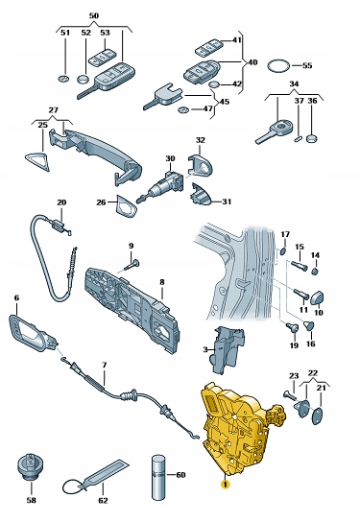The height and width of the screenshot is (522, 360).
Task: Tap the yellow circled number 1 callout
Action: [x=226, y=485]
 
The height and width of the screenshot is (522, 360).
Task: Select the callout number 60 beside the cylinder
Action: [x=180, y=475]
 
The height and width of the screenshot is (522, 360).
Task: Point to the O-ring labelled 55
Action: [x=278, y=65]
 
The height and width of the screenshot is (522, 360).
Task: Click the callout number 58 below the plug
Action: [x=32, y=500]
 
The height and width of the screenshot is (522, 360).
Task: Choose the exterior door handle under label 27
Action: [x=97, y=154]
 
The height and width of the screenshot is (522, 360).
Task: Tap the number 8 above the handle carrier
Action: [x=162, y=282]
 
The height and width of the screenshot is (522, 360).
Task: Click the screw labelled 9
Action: [x=132, y=266]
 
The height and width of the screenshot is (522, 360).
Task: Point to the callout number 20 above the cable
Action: [x=61, y=202]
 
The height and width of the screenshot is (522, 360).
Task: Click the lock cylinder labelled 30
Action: [x=161, y=186]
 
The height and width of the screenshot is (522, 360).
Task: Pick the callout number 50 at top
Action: [x=94, y=15]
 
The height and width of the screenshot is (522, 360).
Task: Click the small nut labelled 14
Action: [x=316, y=272]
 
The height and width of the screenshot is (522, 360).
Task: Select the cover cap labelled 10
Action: [x=318, y=297]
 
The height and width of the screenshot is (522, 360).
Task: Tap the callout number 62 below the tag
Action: [x=104, y=500]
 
